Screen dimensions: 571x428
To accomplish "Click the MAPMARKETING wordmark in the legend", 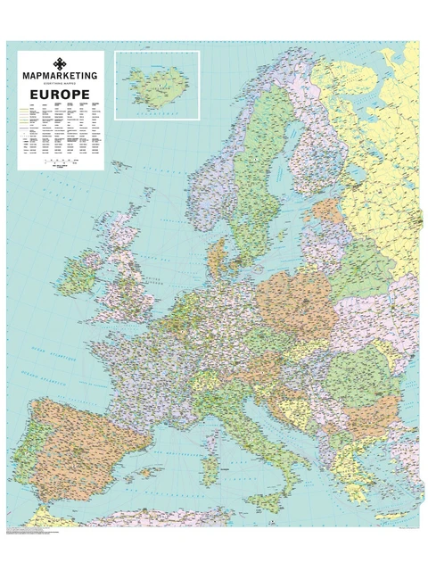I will pyautogui.click(x=61, y=78).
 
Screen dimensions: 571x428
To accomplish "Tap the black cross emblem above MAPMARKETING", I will pyautogui.click(x=61, y=63).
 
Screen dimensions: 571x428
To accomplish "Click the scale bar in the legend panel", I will pyautogui.click(x=61, y=162).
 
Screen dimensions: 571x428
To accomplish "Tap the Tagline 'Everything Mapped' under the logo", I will pyautogui.click(x=61, y=85).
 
